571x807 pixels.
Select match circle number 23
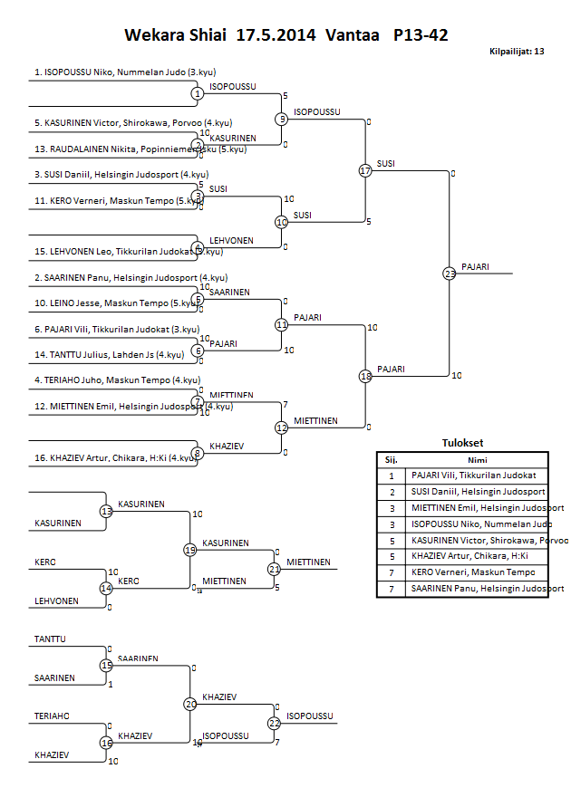[x=450, y=273]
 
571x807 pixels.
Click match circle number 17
[x=365, y=170]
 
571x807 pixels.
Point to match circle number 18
[x=365, y=375]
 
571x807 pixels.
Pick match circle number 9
[x=282, y=119]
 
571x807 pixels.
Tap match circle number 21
[x=275, y=569]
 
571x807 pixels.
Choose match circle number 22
[x=275, y=723]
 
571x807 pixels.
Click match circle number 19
[x=190, y=550]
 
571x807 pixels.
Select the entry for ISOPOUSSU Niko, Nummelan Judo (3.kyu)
[x=125, y=72]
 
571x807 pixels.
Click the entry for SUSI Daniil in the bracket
[x=121, y=174]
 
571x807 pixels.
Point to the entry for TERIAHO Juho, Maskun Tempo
[x=117, y=380]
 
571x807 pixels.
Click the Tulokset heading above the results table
[x=462, y=443]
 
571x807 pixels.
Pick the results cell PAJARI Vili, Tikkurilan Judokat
[x=473, y=475]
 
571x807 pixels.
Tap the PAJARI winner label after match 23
[x=475, y=266]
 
